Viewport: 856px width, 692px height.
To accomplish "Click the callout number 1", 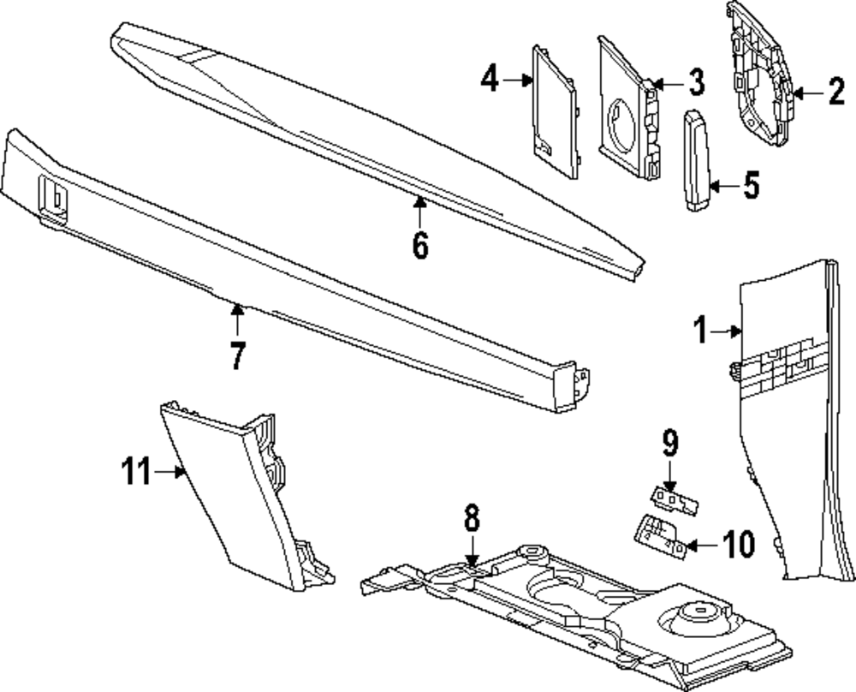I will (701, 330).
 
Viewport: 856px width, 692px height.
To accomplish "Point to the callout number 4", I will (489, 81).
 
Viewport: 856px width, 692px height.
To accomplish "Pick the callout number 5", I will (750, 185).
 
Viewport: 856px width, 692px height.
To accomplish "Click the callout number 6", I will (419, 244).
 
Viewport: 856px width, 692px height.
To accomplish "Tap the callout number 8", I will (472, 518).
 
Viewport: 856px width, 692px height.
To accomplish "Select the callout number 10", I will (738, 543).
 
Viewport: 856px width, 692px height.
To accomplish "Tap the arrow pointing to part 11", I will (168, 471).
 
